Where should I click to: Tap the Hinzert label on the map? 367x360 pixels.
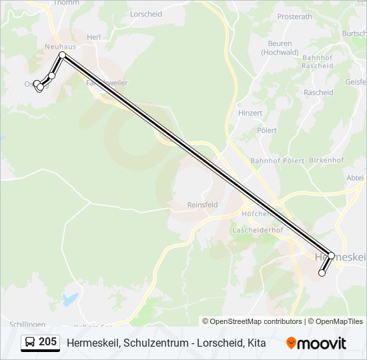click(x=250, y=113)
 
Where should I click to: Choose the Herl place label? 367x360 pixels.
click(x=93, y=37)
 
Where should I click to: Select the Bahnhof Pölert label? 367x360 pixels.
click(x=277, y=161)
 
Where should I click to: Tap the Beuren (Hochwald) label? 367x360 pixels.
click(x=280, y=48)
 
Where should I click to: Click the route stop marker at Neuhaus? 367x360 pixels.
click(x=62, y=55)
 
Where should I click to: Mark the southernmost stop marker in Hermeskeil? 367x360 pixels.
click(x=322, y=273)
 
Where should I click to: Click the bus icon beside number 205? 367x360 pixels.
click(x=30, y=343)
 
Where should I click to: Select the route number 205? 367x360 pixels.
click(x=47, y=342)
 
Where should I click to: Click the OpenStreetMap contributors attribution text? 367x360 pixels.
click(x=252, y=321)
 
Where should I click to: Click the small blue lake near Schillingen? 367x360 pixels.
click(x=69, y=299)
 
